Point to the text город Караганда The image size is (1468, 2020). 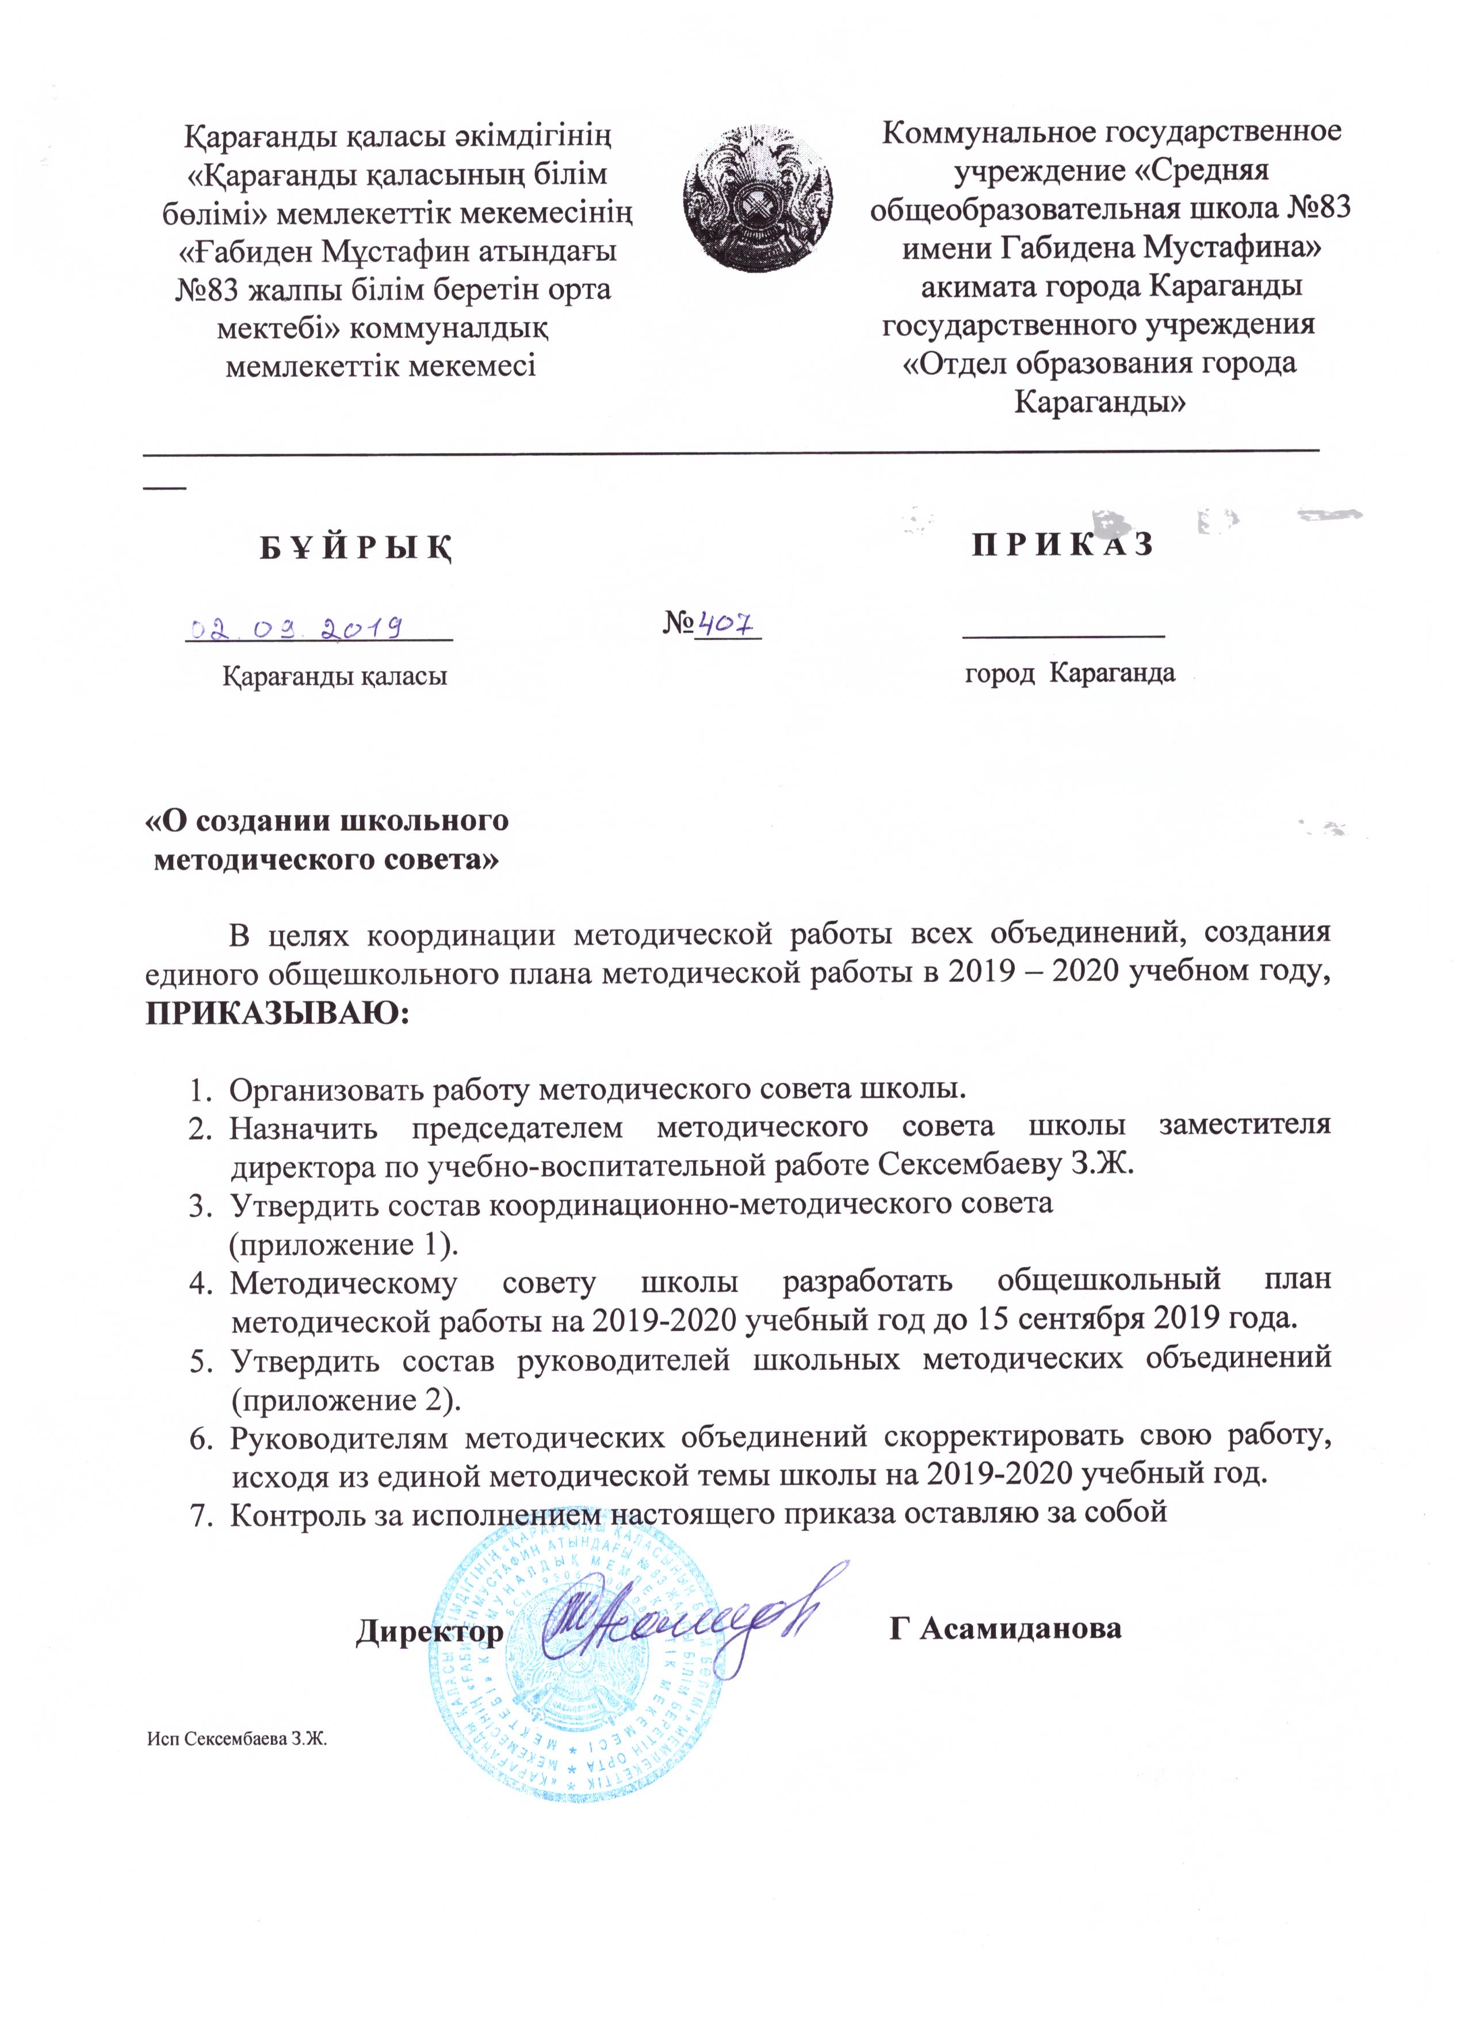point(1070,673)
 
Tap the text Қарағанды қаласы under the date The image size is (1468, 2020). point(334,676)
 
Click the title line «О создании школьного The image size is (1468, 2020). point(328,820)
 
